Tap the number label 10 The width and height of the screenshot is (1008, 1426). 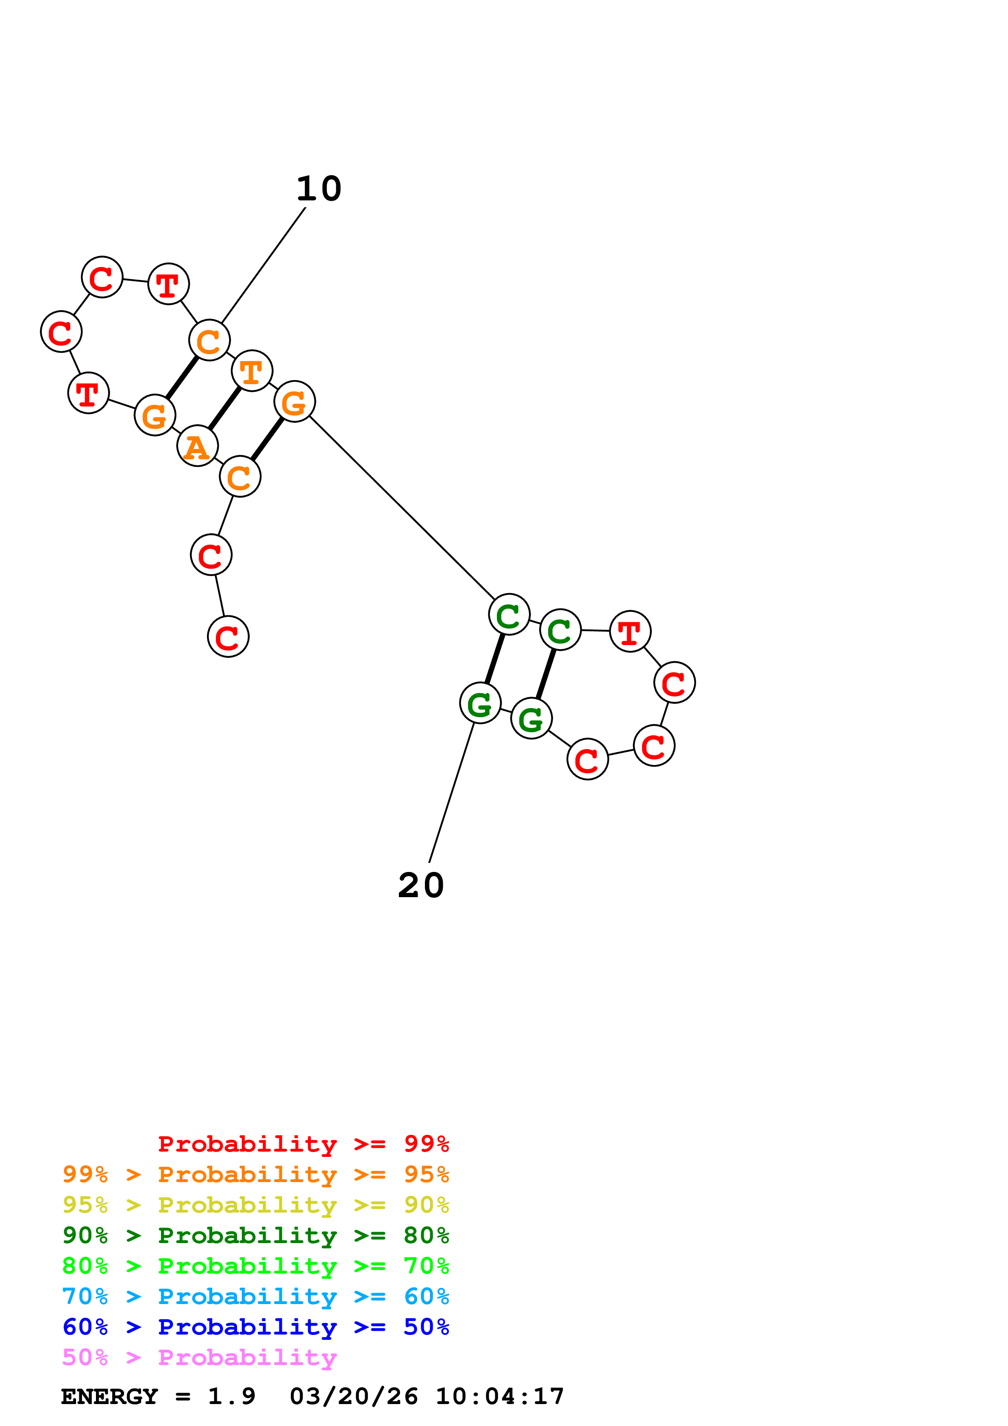(319, 189)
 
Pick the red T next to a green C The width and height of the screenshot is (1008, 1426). (630, 632)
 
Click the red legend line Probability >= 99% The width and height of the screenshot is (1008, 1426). (303, 1144)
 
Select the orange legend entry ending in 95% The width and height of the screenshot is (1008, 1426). (256, 1174)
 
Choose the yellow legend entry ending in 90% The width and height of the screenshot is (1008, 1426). (256, 1205)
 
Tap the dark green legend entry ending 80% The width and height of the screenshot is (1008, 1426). (256, 1235)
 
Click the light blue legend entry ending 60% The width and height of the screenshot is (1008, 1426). (256, 1296)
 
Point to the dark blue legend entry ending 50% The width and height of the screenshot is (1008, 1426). (256, 1327)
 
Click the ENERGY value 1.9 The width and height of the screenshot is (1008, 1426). (231, 1396)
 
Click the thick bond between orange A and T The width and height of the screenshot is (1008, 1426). (224, 408)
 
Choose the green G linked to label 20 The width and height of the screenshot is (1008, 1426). (479, 703)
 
